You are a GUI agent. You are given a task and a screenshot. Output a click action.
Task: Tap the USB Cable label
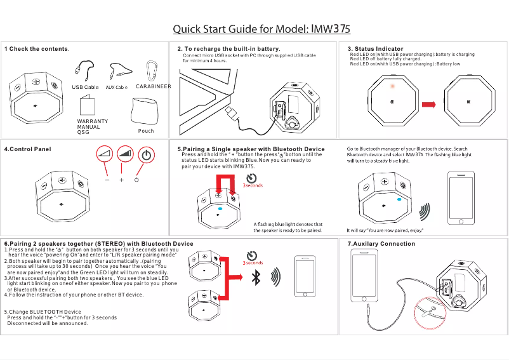click(x=85, y=86)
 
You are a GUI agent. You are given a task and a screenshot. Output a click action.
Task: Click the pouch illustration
click(x=146, y=112)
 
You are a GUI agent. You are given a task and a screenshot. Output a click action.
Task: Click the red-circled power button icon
click(x=146, y=155)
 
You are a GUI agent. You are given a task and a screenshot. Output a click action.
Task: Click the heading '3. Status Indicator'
click(x=375, y=49)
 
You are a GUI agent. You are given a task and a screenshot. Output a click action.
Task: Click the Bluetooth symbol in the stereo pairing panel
click(x=256, y=277)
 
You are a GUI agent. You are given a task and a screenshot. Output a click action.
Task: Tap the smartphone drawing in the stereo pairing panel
click(x=306, y=276)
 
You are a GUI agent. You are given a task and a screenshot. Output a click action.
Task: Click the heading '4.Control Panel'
click(x=27, y=149)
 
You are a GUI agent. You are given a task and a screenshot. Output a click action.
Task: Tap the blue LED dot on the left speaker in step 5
click(x=220, y=208)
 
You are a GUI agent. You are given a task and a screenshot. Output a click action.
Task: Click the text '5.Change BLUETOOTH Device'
click(x=43, y=312)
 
